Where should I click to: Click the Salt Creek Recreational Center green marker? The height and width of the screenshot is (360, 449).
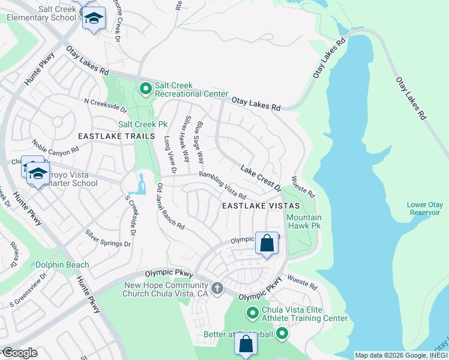[145, 89]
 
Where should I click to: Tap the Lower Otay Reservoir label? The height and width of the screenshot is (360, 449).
[424, 209]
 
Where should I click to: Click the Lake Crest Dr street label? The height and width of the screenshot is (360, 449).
[261, 178]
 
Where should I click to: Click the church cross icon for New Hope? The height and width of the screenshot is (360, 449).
[217, 289]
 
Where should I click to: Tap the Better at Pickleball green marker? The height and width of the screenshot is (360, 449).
[282, 334]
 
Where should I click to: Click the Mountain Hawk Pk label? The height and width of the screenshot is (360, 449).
[304, 222]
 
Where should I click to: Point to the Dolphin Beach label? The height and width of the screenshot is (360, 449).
[62, 265]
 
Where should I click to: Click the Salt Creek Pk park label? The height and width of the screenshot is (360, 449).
[142, 124]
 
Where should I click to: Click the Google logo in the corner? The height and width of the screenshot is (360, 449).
[19, 353]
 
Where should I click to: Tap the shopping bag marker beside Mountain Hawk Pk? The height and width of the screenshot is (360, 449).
[267, 244]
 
